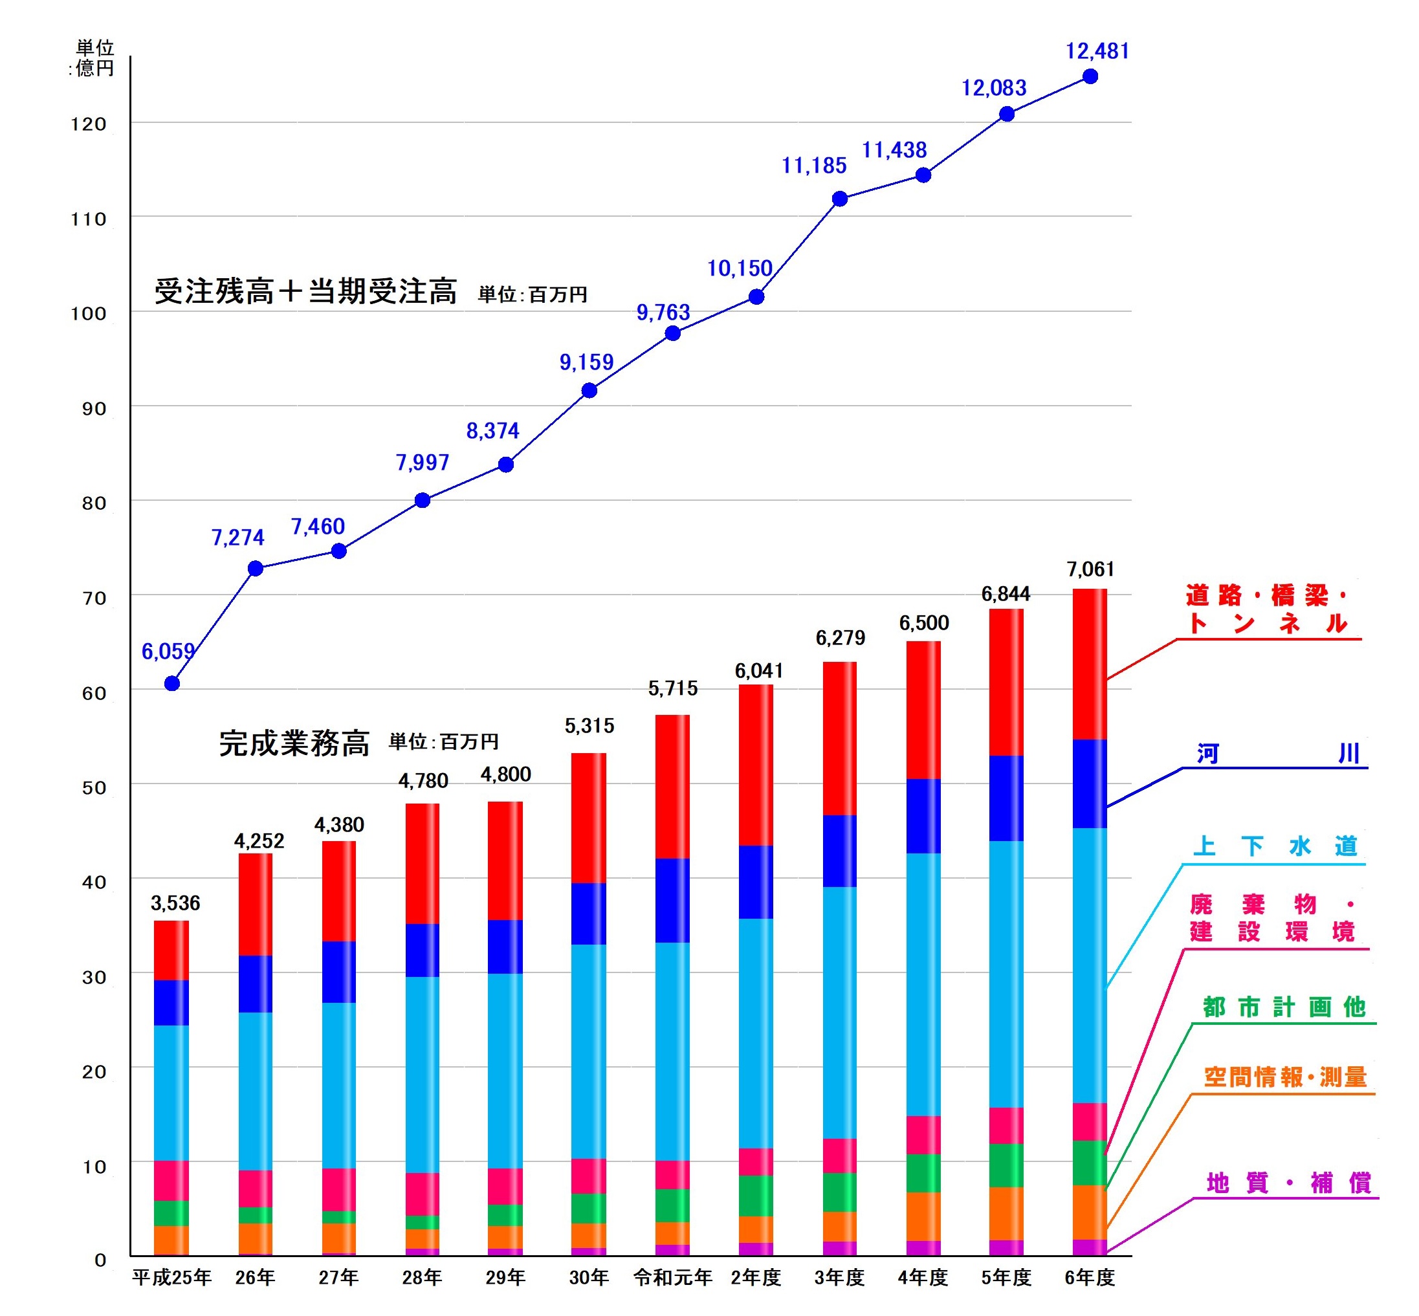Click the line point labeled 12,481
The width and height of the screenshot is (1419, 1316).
pos(1089,76)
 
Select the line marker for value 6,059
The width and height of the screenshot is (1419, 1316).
pos(171,683)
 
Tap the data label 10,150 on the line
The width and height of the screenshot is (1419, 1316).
pos(739,269)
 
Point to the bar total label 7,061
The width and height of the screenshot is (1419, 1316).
pos(1089,569)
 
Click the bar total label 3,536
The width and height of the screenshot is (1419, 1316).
pos(175,903)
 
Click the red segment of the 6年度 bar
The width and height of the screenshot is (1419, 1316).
pos(1089,664)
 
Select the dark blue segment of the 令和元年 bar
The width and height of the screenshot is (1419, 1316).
pos(672,900)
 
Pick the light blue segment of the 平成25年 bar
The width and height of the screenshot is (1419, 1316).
pos(171,1092)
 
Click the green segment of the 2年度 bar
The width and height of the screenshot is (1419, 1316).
pos(755,1196)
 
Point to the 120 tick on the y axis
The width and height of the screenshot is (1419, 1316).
pos(89,124)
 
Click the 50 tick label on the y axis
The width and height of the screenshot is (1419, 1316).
pos(93,787)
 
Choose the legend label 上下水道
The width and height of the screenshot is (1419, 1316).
pos(1275,846)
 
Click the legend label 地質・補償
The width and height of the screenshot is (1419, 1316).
pos(1287,1183)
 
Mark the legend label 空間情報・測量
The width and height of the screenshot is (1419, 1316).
pos(1284,1077)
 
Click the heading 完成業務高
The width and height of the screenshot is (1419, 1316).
pos(294,743)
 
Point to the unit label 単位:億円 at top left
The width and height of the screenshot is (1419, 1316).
pos(94,58)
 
